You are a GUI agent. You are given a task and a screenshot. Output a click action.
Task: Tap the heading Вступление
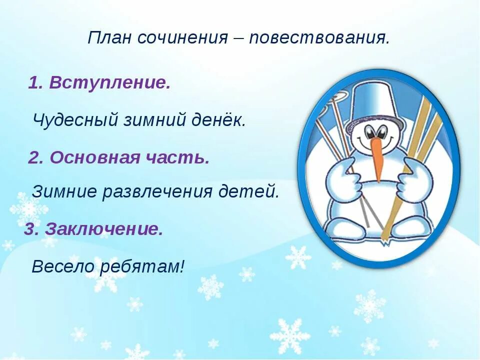[109, 83]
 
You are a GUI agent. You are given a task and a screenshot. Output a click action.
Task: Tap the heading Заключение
[104, 229]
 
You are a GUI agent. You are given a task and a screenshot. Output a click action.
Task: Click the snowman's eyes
[376, 132]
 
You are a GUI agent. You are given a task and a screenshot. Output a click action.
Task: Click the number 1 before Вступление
[34, 83]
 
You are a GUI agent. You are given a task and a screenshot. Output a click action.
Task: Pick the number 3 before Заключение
[30, 229]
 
